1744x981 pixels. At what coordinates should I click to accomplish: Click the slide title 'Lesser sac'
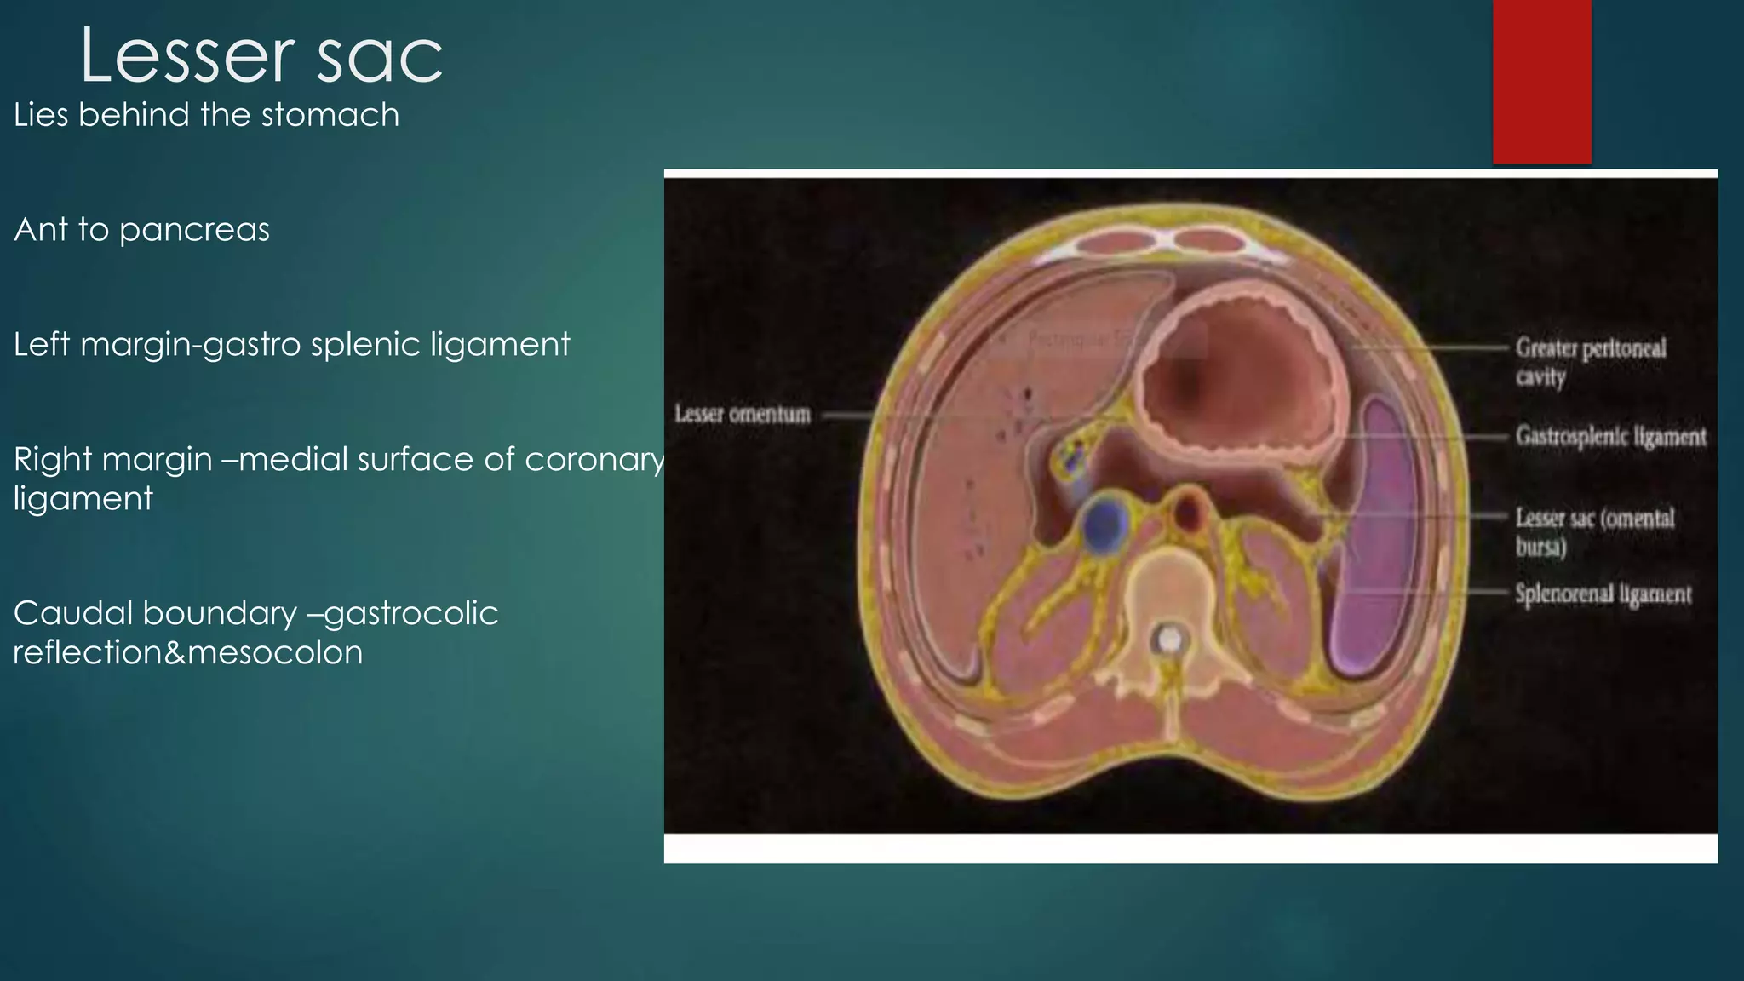click(261, 56)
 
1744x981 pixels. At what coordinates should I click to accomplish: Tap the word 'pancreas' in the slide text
click(194, 230)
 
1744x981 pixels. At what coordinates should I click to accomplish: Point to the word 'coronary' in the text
click(594, 460)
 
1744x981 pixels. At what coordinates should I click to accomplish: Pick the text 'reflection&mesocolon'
click(188, 653)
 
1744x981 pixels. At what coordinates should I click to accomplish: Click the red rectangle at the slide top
click(1541, 81)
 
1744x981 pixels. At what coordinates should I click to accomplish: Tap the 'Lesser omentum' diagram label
click(743, 415)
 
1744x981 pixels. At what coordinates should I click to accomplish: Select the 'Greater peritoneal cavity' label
click(1589, 361)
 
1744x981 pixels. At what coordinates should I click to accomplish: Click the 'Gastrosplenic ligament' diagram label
click(1610, 437)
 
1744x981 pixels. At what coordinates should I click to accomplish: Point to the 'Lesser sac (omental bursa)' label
click(1593, 531)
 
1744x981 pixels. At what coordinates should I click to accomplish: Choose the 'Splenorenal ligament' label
click(1603, 594)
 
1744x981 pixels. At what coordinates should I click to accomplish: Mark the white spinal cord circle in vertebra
click(1170, 639)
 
